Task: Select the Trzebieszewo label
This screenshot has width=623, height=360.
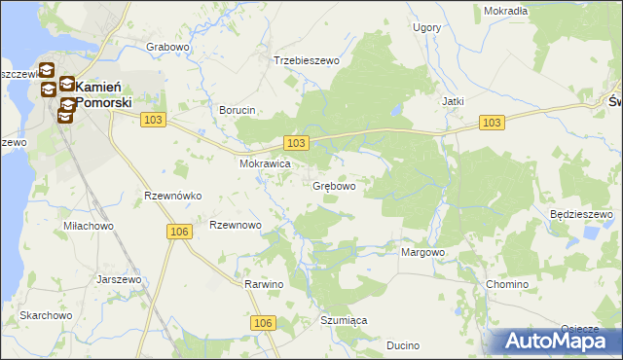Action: click(x=306, y=60)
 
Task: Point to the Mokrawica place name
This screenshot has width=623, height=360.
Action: click(x=266, y=164)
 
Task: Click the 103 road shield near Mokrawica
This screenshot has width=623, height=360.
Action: click(x=298, y=143)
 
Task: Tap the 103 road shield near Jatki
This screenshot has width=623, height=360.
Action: click(x=493, y=122)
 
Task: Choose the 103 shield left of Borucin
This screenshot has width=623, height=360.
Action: click(x=151, y=119)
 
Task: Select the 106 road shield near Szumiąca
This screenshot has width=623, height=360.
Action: click(x=261, y=323)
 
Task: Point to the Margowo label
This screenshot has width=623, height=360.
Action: click(x=422, y=252)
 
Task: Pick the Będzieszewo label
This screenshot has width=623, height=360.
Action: click(x=580, y=214)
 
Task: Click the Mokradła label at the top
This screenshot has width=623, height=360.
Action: click(x=505, y=11)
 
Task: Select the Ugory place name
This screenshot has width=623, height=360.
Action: click(x=426, y=28)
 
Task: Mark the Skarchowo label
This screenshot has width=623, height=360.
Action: click(x=46, y=316)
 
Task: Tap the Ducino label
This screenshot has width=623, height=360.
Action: click(x=403, y=345)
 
